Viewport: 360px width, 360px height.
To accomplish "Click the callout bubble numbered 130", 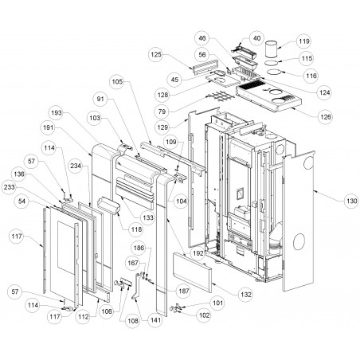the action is pos(351,201).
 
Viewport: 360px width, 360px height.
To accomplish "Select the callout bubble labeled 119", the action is pos(303,41).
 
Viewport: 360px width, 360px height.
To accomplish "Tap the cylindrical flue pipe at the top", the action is pos(272,49).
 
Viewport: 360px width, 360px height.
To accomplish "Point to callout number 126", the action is pos(326,117).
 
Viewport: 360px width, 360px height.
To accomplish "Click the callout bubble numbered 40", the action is pos(256,38).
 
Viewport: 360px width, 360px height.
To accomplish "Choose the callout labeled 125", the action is pos(156,55).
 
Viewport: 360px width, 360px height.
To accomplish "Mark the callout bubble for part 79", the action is pos(162,112).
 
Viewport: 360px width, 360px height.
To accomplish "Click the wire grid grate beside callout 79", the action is pos(221,96).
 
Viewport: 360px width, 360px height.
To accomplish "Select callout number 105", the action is pos(117,81).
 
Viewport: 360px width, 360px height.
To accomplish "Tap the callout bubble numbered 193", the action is pos(57,113).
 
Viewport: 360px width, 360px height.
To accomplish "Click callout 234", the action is pos(76,166).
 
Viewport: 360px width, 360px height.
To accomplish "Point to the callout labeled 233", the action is pos(9,187).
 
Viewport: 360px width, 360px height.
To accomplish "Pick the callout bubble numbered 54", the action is pos(22,202).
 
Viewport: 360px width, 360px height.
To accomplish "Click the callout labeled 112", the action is pos(83,316).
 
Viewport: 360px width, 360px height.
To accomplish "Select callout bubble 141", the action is pos(155,320).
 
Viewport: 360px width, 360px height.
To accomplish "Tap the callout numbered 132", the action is pos(246,295).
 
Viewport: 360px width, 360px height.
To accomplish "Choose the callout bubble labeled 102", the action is pos(204,315).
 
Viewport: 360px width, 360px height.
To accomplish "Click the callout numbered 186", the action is pos(139,248).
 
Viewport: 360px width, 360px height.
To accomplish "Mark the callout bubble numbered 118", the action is pos(136,229).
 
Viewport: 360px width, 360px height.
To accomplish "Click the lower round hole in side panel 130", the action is pos(300,241).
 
